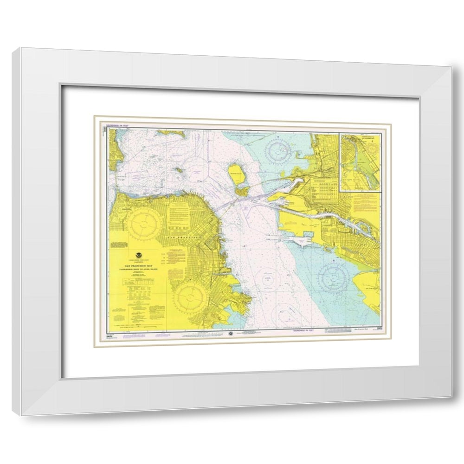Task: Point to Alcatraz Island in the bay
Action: tap(178, 170)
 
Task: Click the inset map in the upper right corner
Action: tap(360, 162)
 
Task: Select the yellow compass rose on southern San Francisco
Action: tap(190, 295)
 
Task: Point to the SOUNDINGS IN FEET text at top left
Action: tap(118, 125)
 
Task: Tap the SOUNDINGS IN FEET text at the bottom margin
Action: tap(302, 331)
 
